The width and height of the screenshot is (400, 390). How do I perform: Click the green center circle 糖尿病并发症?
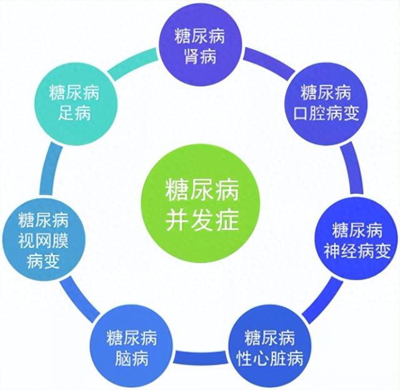[x=201, y=204]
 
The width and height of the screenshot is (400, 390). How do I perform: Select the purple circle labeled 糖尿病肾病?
[x=200, y=44]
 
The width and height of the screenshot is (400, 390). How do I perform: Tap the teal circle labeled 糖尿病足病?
[x=75, y=104]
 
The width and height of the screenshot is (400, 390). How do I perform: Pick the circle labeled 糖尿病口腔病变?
[x=326, y=104]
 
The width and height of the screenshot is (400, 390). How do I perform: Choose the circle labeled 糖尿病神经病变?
[x=356, y=239]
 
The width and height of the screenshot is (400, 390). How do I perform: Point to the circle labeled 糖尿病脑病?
[x=132, y=347]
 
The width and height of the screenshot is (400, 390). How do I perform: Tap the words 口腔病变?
[x=326, y=113]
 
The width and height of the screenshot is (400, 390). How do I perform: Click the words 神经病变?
[x=357, y=250]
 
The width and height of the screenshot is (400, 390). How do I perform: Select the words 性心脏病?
[x=270, y=358]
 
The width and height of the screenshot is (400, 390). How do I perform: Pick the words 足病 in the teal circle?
[x=74, y=113]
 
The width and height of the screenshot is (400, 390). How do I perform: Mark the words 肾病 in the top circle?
[x=200, y=56]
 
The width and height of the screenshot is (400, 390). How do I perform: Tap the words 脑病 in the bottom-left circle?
[x=132, y=358]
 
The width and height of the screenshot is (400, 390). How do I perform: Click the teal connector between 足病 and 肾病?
[x=133, y=63]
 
